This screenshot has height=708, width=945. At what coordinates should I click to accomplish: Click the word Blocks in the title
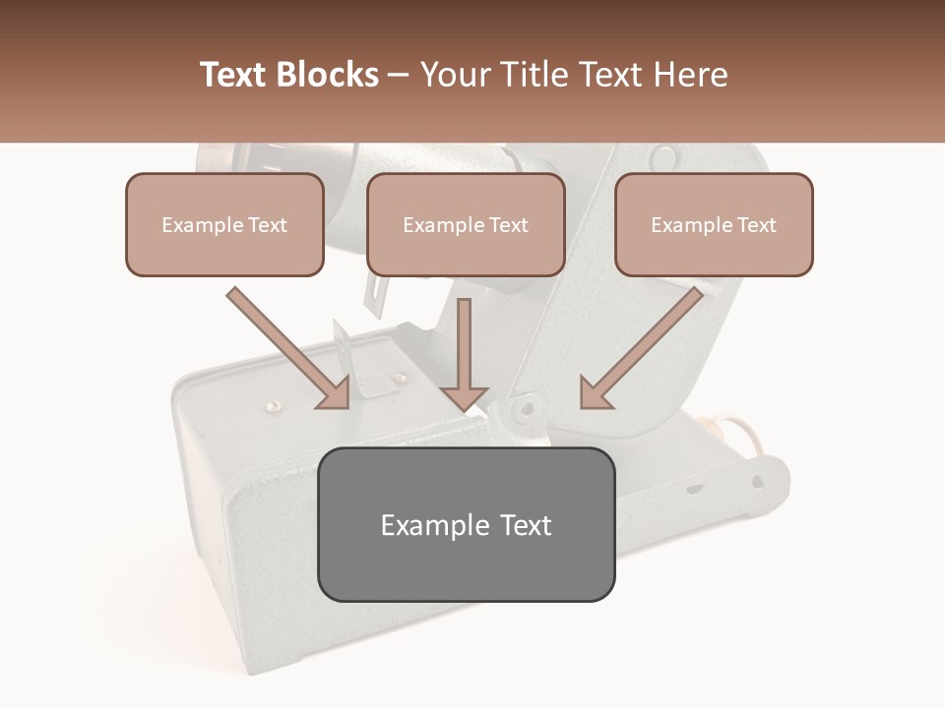pyautogui.click(x=329, y=75)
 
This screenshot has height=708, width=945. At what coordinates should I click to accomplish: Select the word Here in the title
pyautogui.click(x=693, y=75)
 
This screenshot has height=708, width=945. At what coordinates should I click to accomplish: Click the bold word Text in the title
pyautogui.click(x=236, y=75)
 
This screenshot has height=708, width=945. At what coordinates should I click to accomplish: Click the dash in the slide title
pyautogui.click(x=399, y=76)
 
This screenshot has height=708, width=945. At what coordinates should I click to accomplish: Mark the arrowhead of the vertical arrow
pyautogui.click(x=465, y=397)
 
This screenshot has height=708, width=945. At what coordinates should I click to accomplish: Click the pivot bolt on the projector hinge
pyautogui.click(x=528, y=405)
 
